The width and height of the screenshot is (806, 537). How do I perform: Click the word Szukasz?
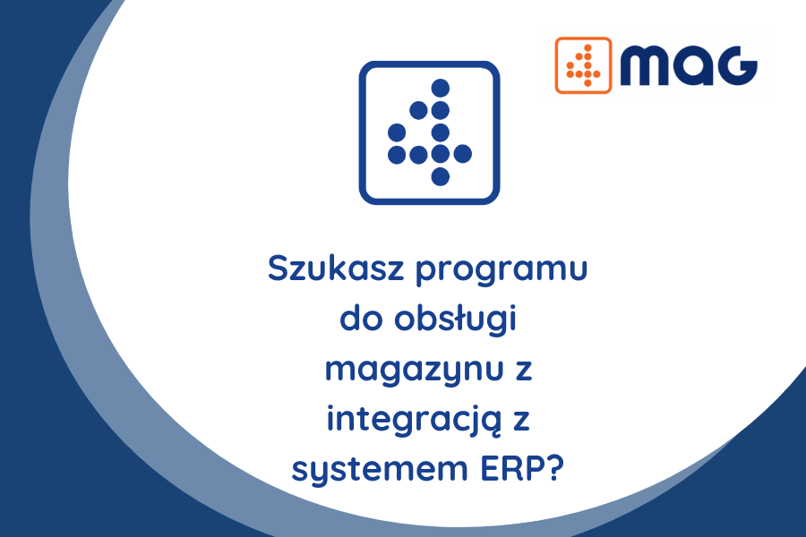coord(336,268)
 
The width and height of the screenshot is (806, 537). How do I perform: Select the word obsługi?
coord(455,320)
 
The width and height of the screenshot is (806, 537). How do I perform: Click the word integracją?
coord(414,420)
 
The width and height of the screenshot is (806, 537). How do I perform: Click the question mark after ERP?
coord(555,468)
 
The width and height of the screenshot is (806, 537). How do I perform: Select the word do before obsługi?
coord(362,319)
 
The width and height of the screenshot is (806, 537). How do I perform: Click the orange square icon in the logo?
coord(583,65)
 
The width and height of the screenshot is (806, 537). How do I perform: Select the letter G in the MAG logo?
coord(737,65)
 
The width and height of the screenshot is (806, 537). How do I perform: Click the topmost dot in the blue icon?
coord(441,88)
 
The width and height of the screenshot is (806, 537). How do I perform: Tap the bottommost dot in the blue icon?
coord(441,176)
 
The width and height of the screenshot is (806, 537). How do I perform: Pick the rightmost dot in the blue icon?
coord(463,154)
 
